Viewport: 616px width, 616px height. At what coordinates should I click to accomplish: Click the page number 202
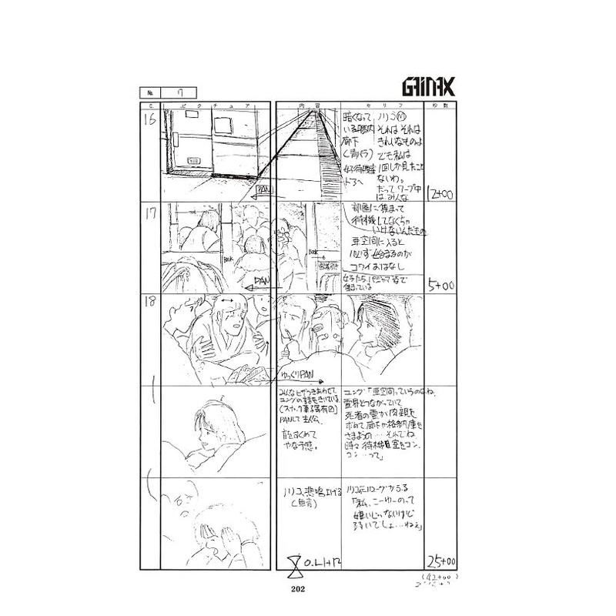click(x=300, y=590)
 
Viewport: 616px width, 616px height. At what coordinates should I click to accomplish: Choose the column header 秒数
click(x=440, y=105)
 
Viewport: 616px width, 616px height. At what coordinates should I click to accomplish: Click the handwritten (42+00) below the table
click(x=438, y=576)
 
